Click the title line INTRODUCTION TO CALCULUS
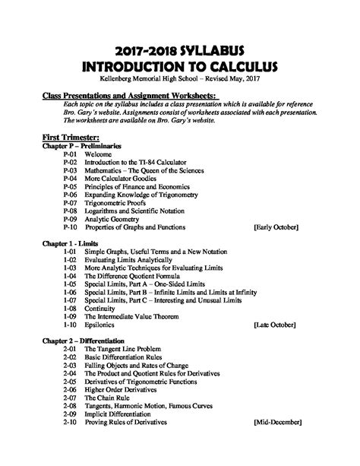(180, 66)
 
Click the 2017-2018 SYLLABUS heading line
(180, 50)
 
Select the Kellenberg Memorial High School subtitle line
(180, 78)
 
